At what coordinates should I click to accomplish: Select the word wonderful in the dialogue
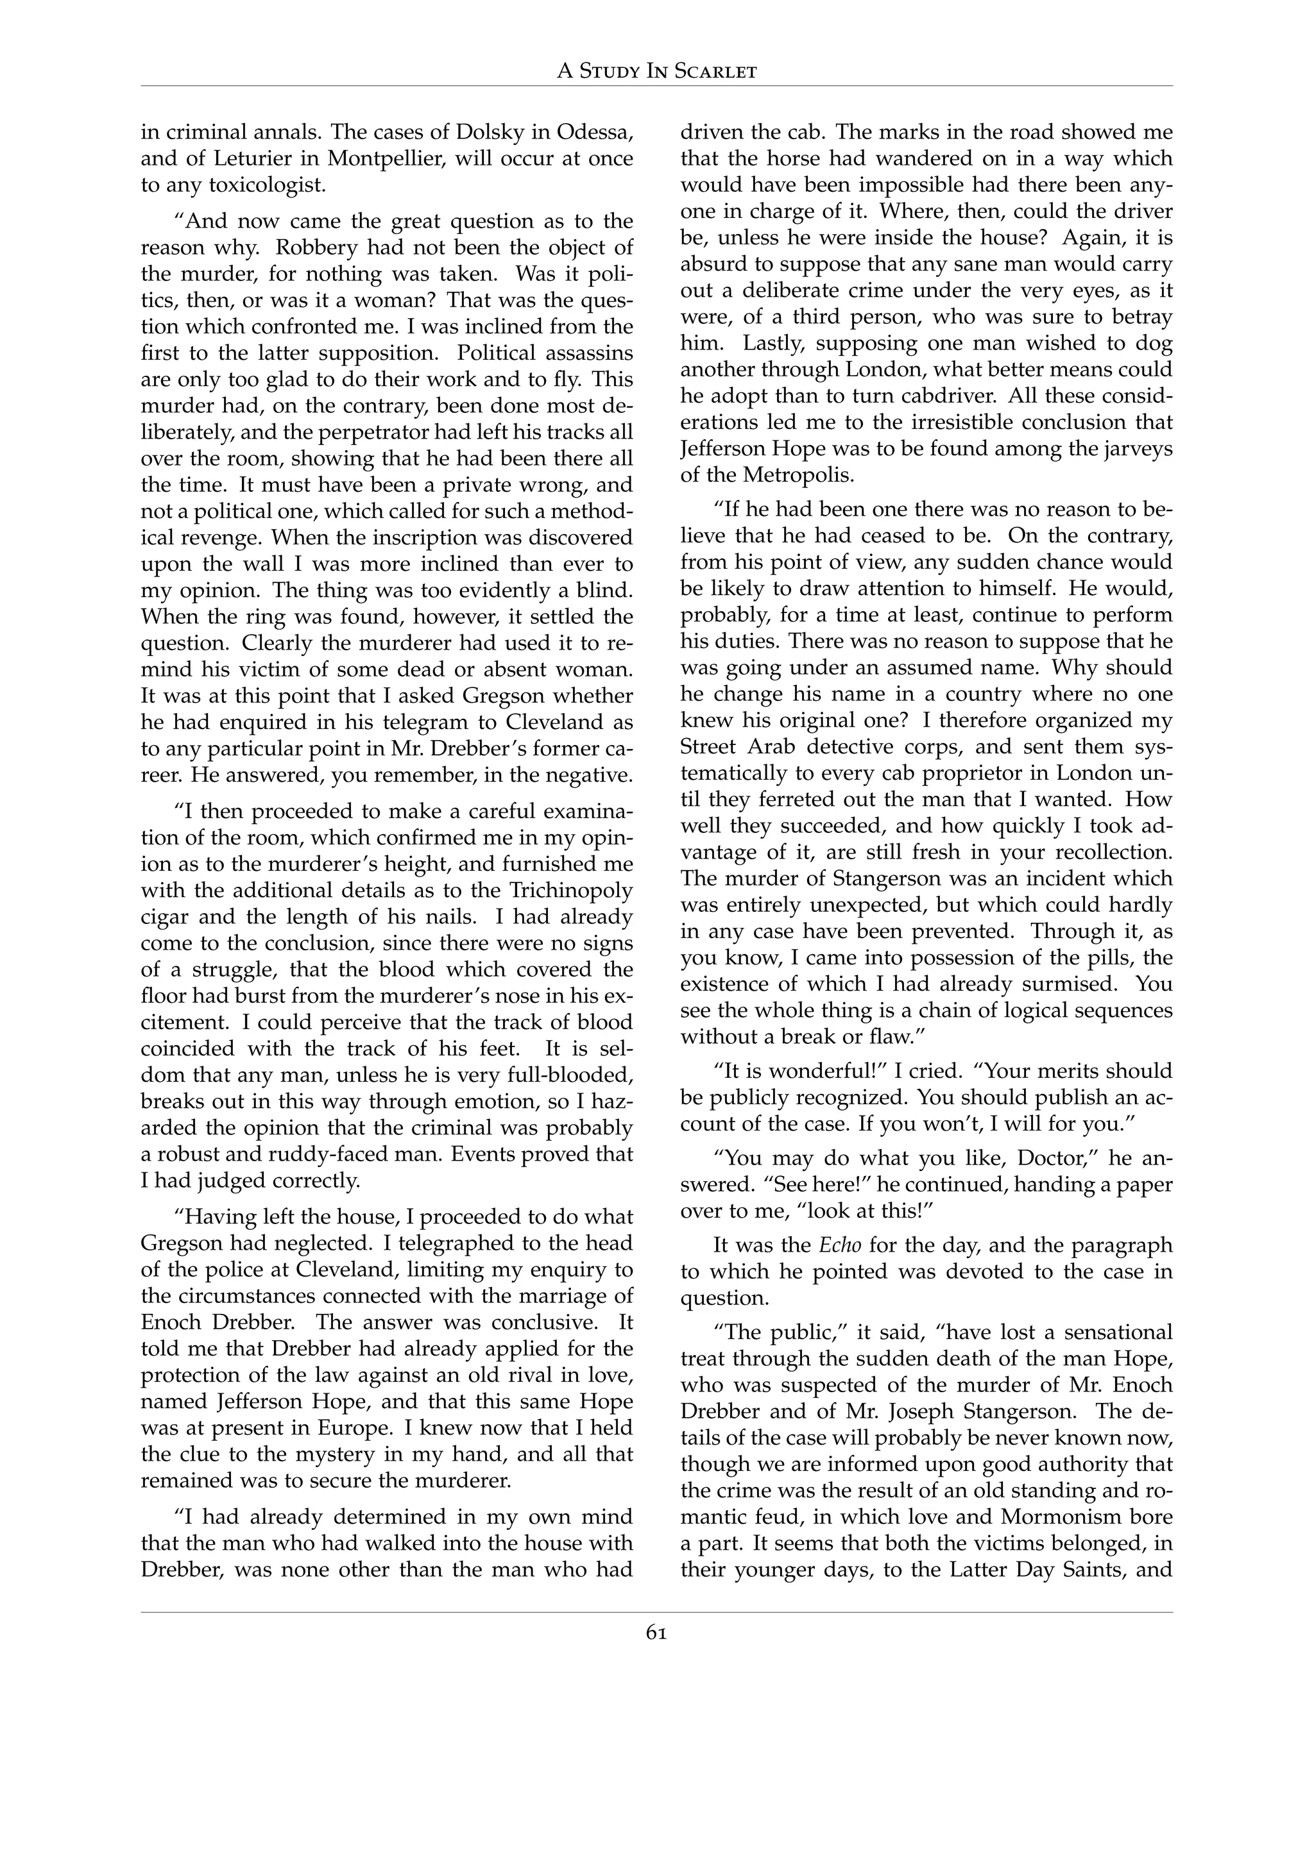[x=818, y=1071]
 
